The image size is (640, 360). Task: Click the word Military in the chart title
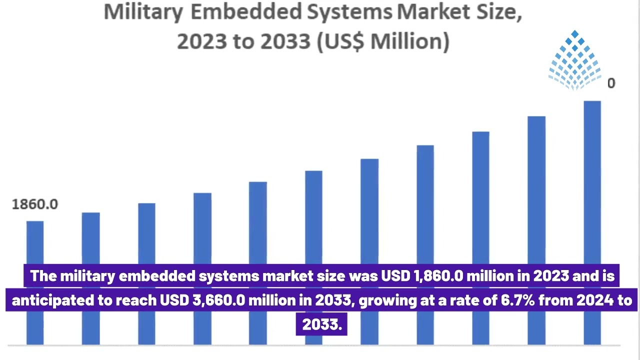[x=142, y=12]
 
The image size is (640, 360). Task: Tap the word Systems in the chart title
[x=351, y=12]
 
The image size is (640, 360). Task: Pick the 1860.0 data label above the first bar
[x=34, y=204]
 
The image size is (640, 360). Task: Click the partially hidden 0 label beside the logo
[x=611, y=83]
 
